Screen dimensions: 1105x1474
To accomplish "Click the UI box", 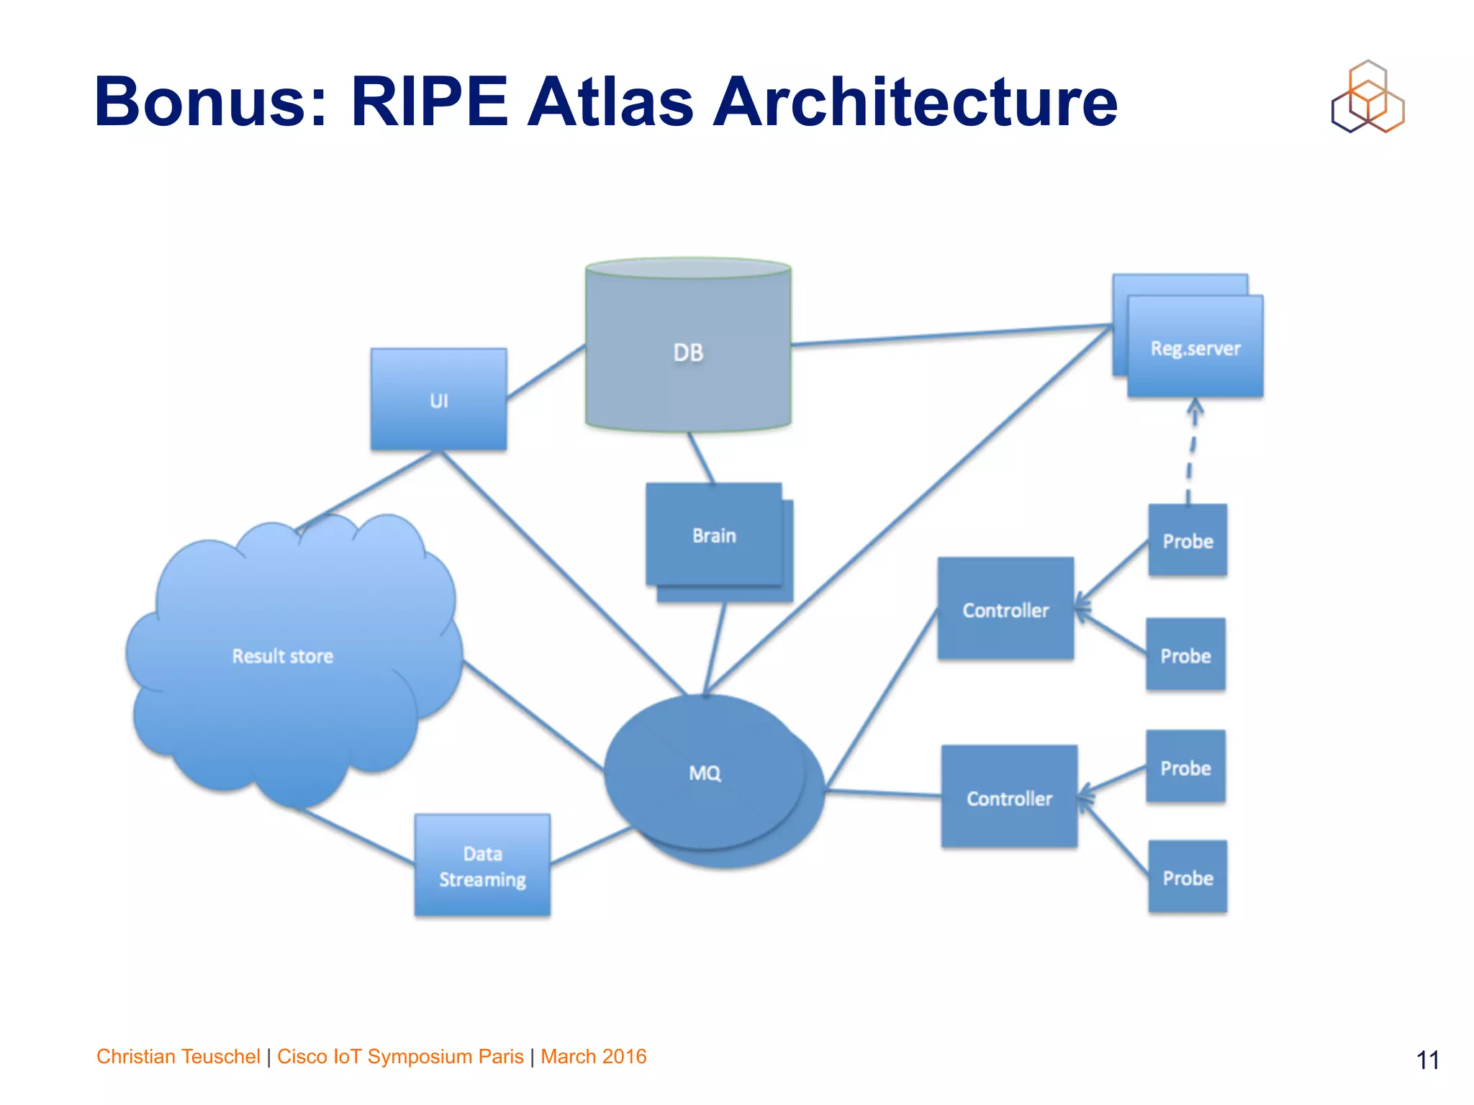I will pyautogui.click(x=438, y=399).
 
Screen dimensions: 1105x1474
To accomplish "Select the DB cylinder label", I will pyautogui.click(x=688, y=353).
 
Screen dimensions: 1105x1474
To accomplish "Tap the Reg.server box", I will pyautogui.click(x=1195, y=348).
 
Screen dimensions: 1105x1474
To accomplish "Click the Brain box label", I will pyautogui.click(x=714, y=535).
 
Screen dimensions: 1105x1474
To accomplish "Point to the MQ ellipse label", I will pyautogui.click(x=704, y=773).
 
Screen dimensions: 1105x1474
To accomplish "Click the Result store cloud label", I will pyautogui.click(x=282, y=655).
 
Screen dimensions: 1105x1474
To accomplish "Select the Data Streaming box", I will pyautogui.click(x=482, y=865).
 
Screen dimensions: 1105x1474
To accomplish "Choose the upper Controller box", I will pyautogui.click(x=1005, y=609).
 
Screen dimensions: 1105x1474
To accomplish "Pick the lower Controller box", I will pyautogui.click(x=1009, y=798).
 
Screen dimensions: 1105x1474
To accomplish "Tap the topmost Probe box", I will pyautogui.click(x=1188, y=540).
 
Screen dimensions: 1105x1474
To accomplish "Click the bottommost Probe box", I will pyautogui.click(x=1188, y=878).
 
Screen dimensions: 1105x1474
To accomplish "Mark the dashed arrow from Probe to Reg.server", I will pyautogui.click(x=1191, y=453).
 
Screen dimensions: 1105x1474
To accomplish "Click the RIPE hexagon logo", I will pyautogui.click(x=1367, y=97).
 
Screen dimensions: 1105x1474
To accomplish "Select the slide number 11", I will pyautogui.click(x=1427, y=1060).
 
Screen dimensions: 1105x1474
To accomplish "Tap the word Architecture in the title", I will pyautogui.click(x=914, y=102).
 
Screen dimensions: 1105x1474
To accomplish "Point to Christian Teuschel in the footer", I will pyautogui.click(x=178, y=1056).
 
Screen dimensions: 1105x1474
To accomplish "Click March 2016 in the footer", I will pyautogui.click(x=593, y=1056).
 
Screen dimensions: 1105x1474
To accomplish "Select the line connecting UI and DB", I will pyautogui.click(x=546, y=373).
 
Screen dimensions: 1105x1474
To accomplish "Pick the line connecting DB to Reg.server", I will pyautogui.click(x=950, y=335).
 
